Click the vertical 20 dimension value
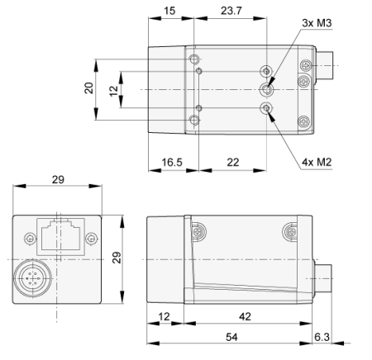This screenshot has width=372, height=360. (89, 89)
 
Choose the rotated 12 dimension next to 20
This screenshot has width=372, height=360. (115, 89)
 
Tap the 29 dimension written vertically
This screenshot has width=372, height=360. (117, 258)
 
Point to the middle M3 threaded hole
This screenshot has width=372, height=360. (267, 89)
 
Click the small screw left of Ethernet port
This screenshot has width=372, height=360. (31, 239)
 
